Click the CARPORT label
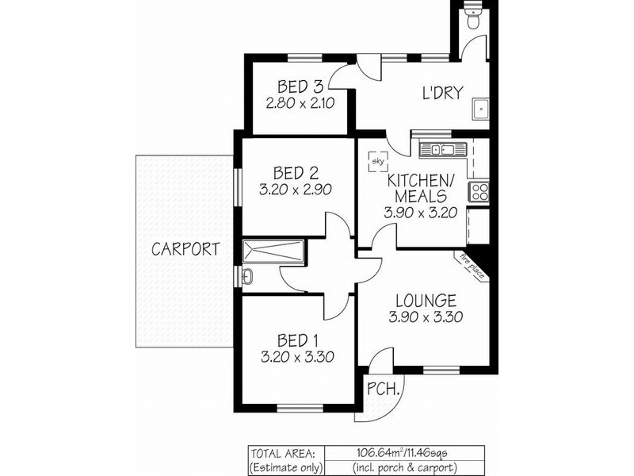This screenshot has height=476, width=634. [x=185, y=248]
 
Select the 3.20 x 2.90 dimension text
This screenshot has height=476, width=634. [x=295, y=190]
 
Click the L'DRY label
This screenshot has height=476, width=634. [x=441, y=93]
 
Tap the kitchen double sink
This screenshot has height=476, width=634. [x=437, y=148]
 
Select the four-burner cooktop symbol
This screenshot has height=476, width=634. [x=479, y=191]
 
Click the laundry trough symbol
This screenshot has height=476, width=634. [x=479, y=109]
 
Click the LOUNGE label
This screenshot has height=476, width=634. [x=426, y=301]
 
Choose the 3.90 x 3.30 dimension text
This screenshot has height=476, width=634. [x=426, y=317]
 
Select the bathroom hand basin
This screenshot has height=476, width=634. [x=246, y=276]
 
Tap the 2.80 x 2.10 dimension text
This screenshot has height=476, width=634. [x=300, y=103]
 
